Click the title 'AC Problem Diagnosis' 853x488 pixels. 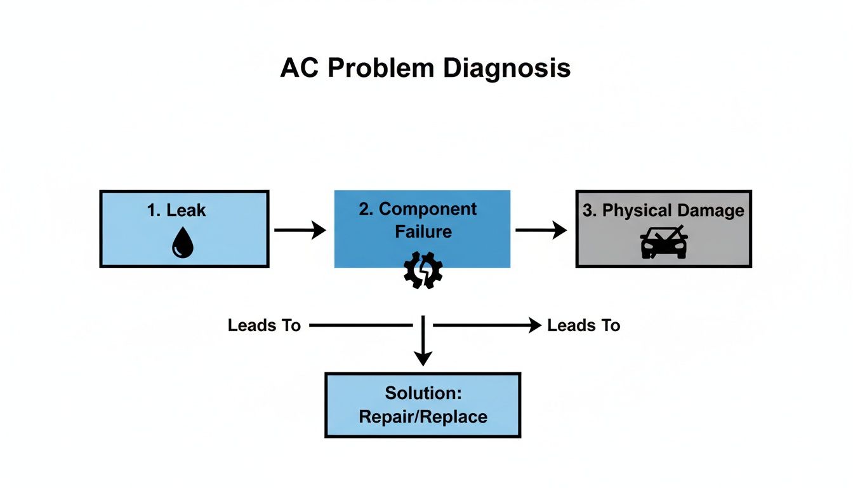point(425,68)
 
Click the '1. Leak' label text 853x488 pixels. point(176,210)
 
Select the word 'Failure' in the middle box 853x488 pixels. point(423,231)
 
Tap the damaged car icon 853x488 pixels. point(663,241)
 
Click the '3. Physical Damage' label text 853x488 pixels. point(663,211)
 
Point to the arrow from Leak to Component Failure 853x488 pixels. point(300,230)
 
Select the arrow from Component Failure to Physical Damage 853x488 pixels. point(541,230)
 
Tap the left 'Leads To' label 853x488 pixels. point(264,326)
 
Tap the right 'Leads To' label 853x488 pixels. point(583,326)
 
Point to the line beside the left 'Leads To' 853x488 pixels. point(360,326)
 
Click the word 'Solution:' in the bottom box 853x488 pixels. point(423,393)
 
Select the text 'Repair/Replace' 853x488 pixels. point(423,417)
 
